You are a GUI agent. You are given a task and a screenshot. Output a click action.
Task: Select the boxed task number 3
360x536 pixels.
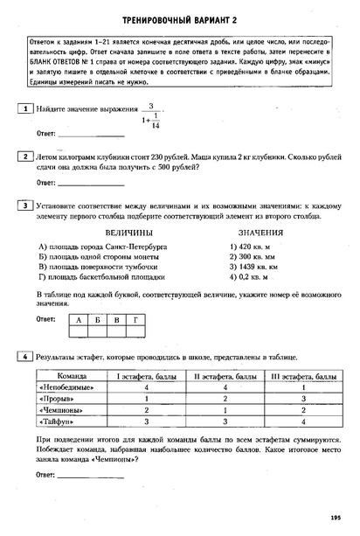pos(29,205)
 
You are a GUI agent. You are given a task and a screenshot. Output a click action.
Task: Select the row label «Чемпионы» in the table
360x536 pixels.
pos(63,409)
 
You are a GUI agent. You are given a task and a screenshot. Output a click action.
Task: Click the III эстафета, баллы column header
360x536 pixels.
pos(301,375)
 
